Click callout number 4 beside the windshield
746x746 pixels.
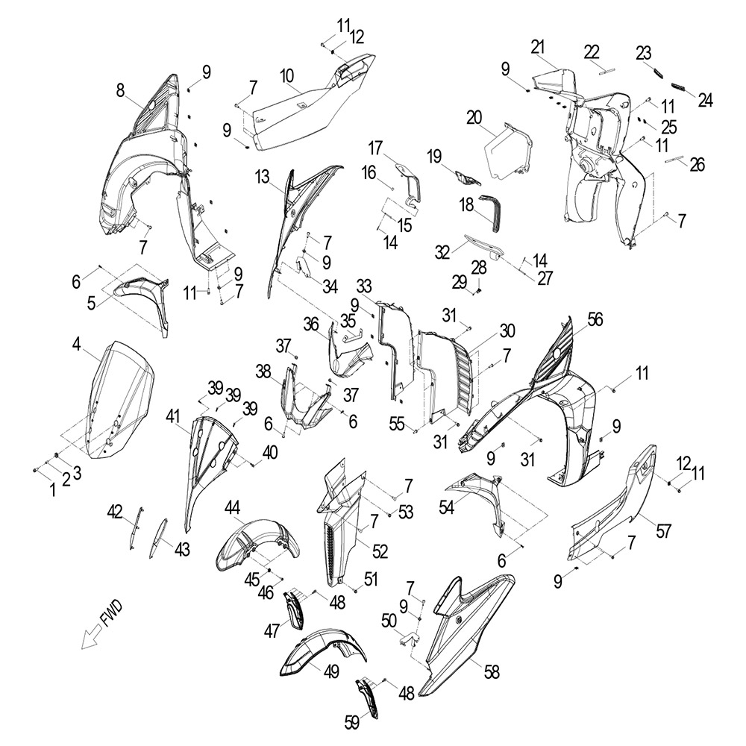(77, 344)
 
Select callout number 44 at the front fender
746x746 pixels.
(232, 510)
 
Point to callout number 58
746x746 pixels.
(492, 672)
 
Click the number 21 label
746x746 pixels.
(538, 48)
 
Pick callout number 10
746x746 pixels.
(286, 76)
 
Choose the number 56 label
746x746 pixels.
(595, 319)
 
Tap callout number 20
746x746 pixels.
(474, 118)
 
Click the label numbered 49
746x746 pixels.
(331, 672)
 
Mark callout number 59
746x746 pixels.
(353, 722)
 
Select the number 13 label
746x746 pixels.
(262, 177)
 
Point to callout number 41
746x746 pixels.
(173, 417)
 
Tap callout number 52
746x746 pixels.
(380, 551)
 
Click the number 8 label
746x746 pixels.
(120, 90)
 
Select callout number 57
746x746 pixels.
(663, 530)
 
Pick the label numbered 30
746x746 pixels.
(507, 330)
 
